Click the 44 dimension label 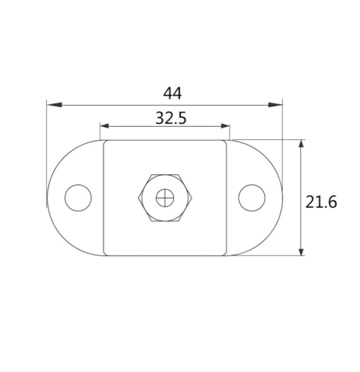tap(172, 93)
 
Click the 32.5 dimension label tap(171, 118)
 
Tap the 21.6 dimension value tap(321, 202)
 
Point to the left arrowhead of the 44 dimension tap(55, 105)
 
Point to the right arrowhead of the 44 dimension tap(275, 105)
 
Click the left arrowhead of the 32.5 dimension tap(105, 126)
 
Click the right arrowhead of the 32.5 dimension tap(225, 126)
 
